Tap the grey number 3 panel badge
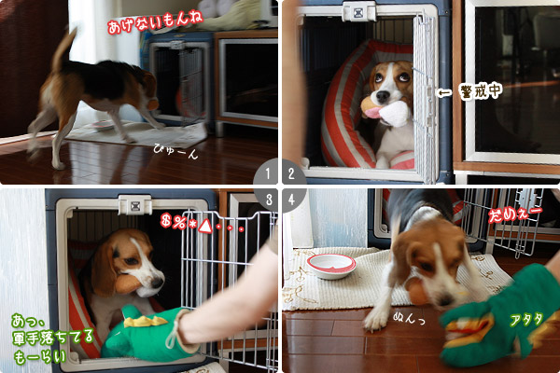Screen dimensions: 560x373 tap(266, 200)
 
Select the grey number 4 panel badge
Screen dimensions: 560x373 tap(294, 200)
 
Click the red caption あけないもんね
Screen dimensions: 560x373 tap(155, 21)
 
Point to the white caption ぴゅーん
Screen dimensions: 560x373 tap(175, 151)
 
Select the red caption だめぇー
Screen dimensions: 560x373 tap(514, 214)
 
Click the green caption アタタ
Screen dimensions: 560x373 tap(526, 320)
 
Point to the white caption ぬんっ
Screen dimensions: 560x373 tap(410, 317)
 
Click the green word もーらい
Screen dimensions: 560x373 tap(40, 357)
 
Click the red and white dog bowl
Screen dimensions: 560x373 tap(331, 266)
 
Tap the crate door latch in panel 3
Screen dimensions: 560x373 tap(134, 204)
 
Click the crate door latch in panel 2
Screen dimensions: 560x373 tap(359, 11)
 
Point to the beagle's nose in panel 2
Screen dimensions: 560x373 tap(383, 96)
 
